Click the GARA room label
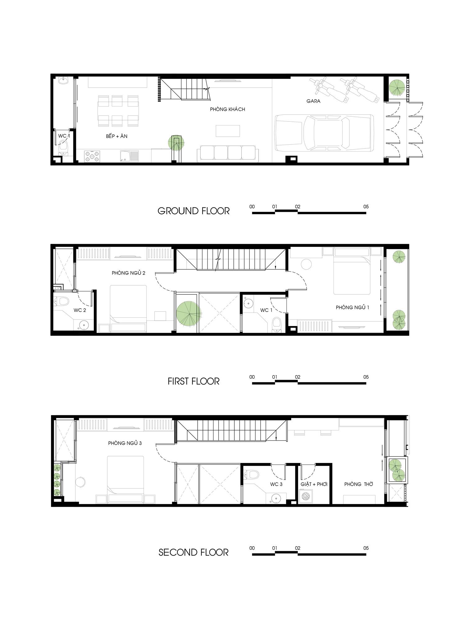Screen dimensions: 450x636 click(x=313, y=101)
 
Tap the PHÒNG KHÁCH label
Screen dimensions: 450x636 click(x=227, y=109)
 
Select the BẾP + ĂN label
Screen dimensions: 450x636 click(x=117, y=136)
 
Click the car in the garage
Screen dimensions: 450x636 click(x=324, y=133)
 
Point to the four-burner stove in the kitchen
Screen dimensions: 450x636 click(x=92, y=156)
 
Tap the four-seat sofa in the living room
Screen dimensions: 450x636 click(x=228, y=154)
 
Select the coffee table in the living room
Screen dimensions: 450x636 click(x=228, y=131)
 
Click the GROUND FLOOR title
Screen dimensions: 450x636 click(x=194, y=211)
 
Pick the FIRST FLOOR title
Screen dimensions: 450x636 click(x=194, y=381)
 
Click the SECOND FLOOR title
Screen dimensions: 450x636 click(x=194, y=552)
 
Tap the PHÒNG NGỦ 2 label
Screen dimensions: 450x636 click(x=128, y=273)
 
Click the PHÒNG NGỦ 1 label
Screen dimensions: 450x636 click(x=352, y=307)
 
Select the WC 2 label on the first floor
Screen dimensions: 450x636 click(x=80, y=310)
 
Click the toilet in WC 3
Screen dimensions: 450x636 click(x=251, y=475)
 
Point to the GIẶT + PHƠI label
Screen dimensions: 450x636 click(x=314, y=484)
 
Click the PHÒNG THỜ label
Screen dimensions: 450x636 click(x=359, y=484)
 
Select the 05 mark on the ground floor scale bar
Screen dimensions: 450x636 click(x=366, y=207)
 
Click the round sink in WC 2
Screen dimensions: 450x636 click(x=83, y=325)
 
